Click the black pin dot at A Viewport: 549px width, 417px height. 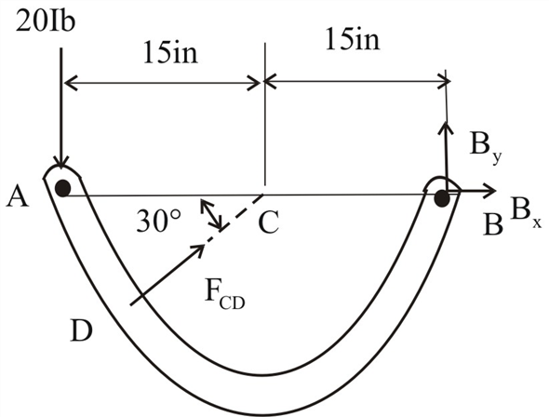[x=61, y=188]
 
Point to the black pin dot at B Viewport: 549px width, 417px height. [x=443, y=196]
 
